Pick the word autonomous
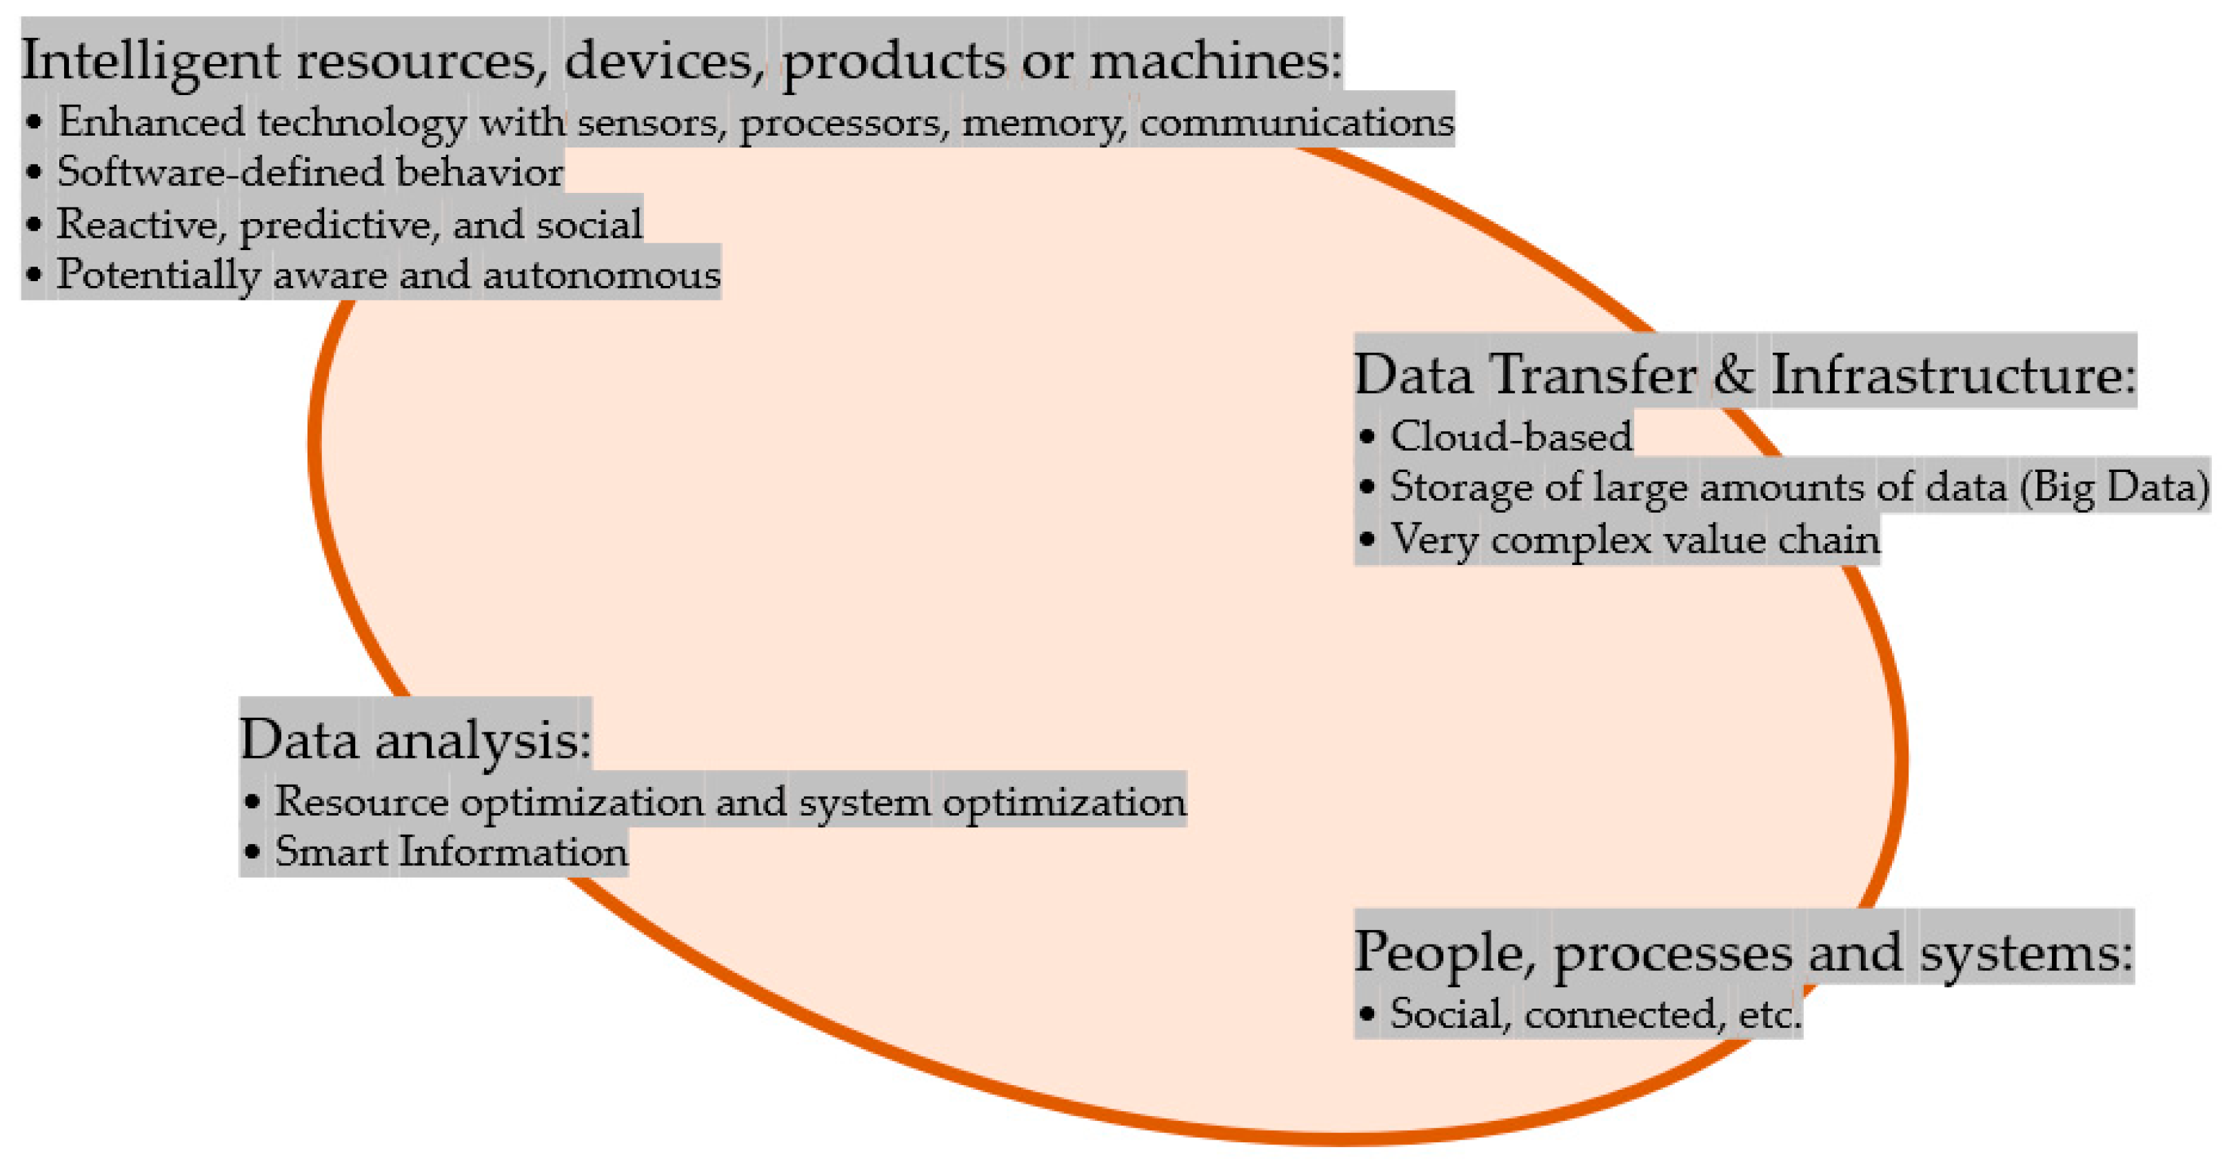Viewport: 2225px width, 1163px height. click(x=601, y=276)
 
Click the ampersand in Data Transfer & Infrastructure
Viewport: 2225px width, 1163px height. click(x=1733, y=375)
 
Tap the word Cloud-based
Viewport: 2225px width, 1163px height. click(x=1511, y=436)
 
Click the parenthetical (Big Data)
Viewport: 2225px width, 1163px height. click(x=2113, y=487)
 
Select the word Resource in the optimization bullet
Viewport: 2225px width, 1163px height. click(x=361, y=802)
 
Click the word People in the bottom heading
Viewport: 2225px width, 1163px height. click(x=1443, y=952)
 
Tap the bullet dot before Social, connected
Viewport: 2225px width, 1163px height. click(x=1367, y=1013)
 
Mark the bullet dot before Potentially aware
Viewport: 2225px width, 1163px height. click(x=34, y=276)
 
